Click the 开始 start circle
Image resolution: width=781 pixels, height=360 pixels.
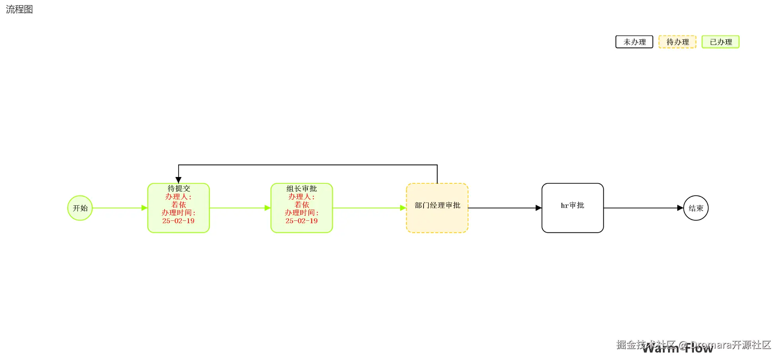[x=80, y=208]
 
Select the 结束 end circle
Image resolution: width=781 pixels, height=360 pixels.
[x=696, y=208]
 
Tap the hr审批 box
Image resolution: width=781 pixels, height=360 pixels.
[x=572, y=208]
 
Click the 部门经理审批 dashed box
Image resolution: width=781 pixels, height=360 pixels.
[x=437, y=208]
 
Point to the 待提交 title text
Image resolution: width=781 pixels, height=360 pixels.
[x=179, y=189]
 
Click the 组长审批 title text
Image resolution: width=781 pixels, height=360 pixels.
[x=301, y=189]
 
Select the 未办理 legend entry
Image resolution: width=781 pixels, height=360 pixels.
[x=634, y=42]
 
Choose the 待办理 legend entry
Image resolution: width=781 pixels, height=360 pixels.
[x=677, y=42]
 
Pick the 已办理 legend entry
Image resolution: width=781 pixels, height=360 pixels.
[x=720, y=42]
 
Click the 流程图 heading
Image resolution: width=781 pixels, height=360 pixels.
[x=19, y=9]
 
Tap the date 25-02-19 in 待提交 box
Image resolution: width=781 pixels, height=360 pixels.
[x=178, y=221]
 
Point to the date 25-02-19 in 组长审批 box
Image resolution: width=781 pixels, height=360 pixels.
[x=301, y=221]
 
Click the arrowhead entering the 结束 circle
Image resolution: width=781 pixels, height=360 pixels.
[x=680, y=208]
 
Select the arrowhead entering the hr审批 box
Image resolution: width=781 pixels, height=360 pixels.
[x=538, y=208]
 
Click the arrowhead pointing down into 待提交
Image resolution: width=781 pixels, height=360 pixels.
[x=179, y=180]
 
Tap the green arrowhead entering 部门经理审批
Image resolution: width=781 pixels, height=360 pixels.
[x=403, y=208]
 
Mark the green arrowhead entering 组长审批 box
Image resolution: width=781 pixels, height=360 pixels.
[x=267, y=208]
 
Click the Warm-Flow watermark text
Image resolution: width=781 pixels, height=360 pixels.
[x=678, y=349]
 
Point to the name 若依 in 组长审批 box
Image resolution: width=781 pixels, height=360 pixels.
[x=301, y=204]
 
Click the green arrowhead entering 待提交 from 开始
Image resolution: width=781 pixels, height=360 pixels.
[x=144, y=208]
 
